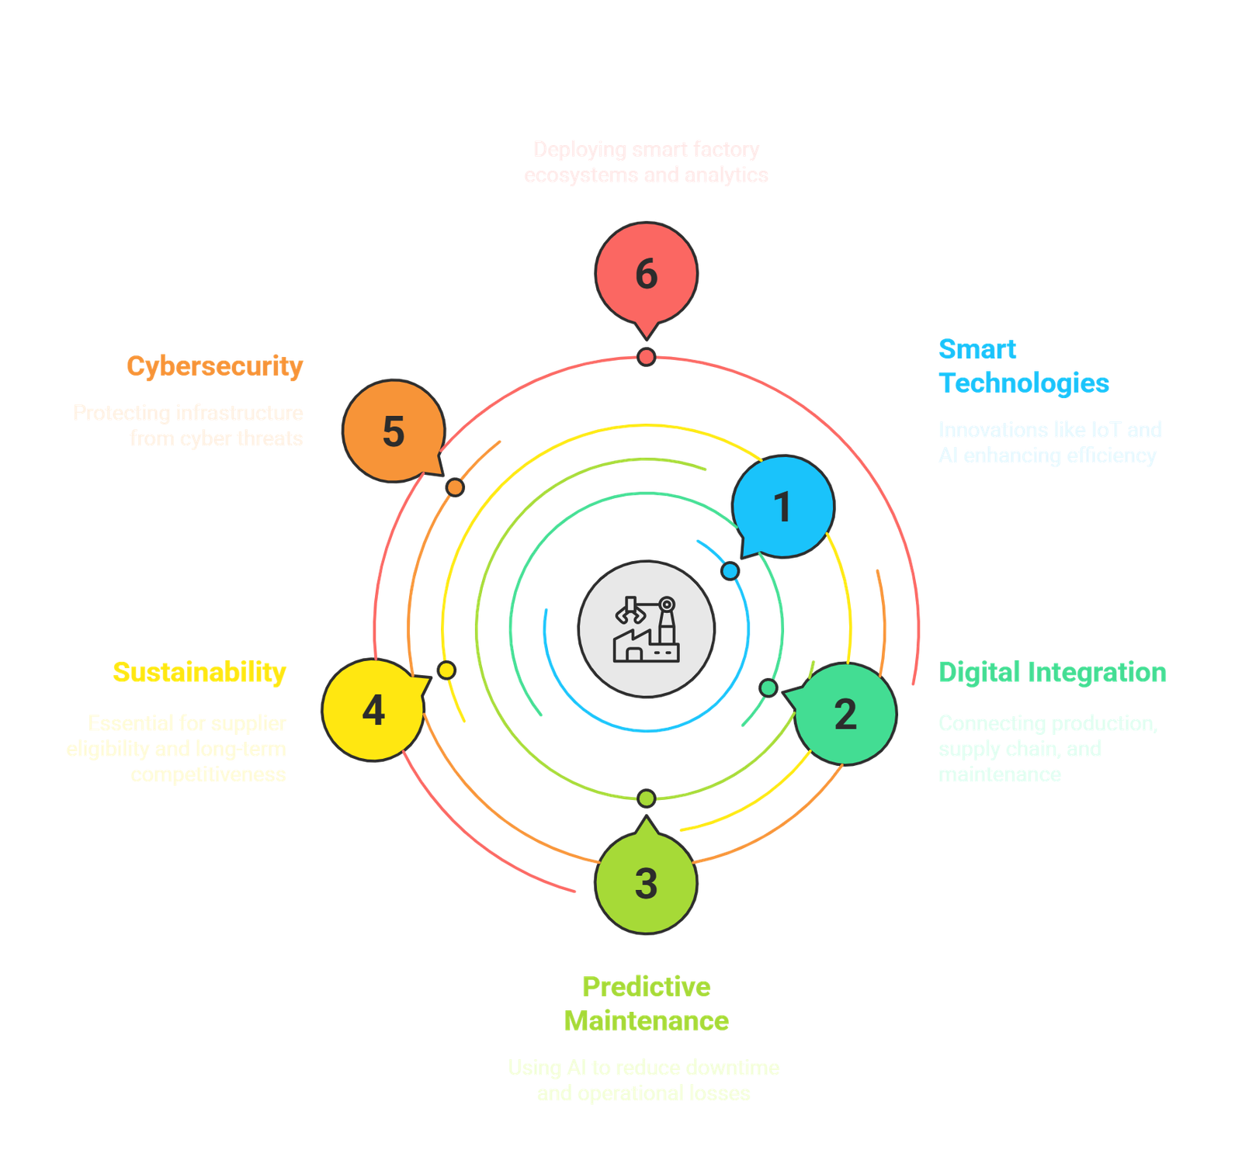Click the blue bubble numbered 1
782,507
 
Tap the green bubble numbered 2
845,714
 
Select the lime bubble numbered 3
646,883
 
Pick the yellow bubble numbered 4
373,710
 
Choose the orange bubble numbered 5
394,431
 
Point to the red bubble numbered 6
646,274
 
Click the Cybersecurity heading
215,365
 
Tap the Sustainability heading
199,672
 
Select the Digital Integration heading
1053,672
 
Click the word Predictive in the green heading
646,986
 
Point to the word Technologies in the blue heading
1024,383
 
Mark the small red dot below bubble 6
646,357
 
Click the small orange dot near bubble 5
456,487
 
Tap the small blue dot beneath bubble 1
730,571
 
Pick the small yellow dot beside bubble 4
446,670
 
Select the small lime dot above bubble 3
646,798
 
